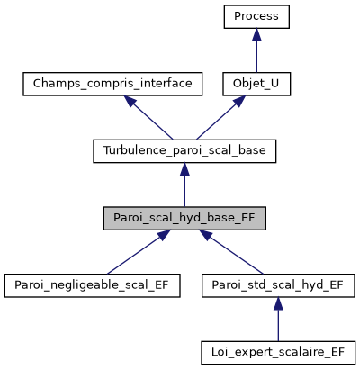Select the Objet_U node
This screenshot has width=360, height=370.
pyautogui.click(x=256, y=85)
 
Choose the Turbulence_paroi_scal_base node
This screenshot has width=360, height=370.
pyautogui.click(x=184, y=151)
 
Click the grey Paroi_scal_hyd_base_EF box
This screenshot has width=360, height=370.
pyautogui.click(x=184, y=218)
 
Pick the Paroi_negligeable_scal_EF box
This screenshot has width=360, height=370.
pyautogui.click(x=91, y=284)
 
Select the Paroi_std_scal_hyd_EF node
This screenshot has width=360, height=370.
pyautogui.click(x=277, y=284)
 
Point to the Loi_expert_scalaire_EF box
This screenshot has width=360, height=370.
pyautogui.click(x=277, y=351)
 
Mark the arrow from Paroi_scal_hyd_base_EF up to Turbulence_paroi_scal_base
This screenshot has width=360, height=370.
pyautogui.click(x=184, y=189)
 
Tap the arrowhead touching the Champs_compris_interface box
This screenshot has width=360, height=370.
pyautogui.click(x=130, y=103)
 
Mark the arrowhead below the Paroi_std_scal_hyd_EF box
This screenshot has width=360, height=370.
pyautogui.click(x=277, y=302)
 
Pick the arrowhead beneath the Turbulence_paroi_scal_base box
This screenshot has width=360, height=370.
pyautogui.click(x=184, y=169)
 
